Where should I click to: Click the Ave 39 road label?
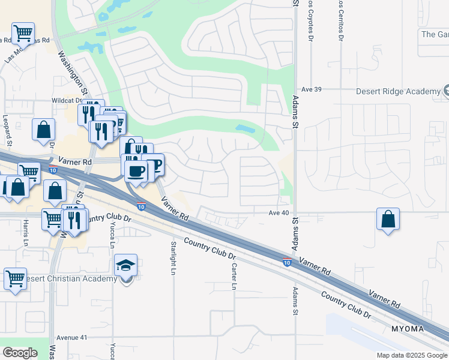[x=312, y=89]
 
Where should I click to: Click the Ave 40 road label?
[x=279, y=212]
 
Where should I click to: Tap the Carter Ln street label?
[x=233, y=273]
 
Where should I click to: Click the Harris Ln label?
[x=26, y=233]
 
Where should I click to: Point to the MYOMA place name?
[x=408, y=329]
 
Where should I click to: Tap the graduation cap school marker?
[x=126, y=265]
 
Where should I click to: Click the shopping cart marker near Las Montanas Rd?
[x=23, y=32]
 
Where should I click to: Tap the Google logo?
[x=20, y=353]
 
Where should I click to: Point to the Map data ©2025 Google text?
[x=411, y=355]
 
